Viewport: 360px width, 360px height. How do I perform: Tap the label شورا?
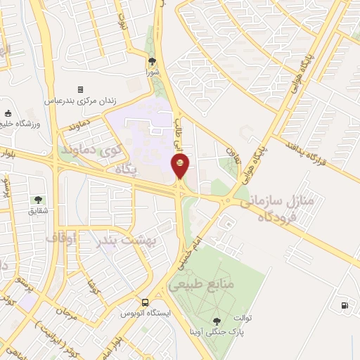tap(153, 72)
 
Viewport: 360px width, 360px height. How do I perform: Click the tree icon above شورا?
tap(153, 62)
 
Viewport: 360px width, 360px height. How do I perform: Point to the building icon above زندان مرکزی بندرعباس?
tap(80, 89)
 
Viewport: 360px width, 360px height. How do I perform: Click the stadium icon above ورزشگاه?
tap(8, 113)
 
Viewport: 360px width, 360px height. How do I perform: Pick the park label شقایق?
tap(38, 210)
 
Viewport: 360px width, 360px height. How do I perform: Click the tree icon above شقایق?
tap(38, 200)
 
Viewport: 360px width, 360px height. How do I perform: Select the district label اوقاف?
tap(61, 238)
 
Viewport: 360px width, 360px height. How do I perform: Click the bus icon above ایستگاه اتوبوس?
tap(144, 302)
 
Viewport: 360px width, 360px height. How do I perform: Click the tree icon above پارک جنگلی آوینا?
tap(225, 321)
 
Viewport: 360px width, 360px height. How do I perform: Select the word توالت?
tap(242, 318)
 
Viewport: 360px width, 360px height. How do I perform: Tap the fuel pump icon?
tap(344, 305)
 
